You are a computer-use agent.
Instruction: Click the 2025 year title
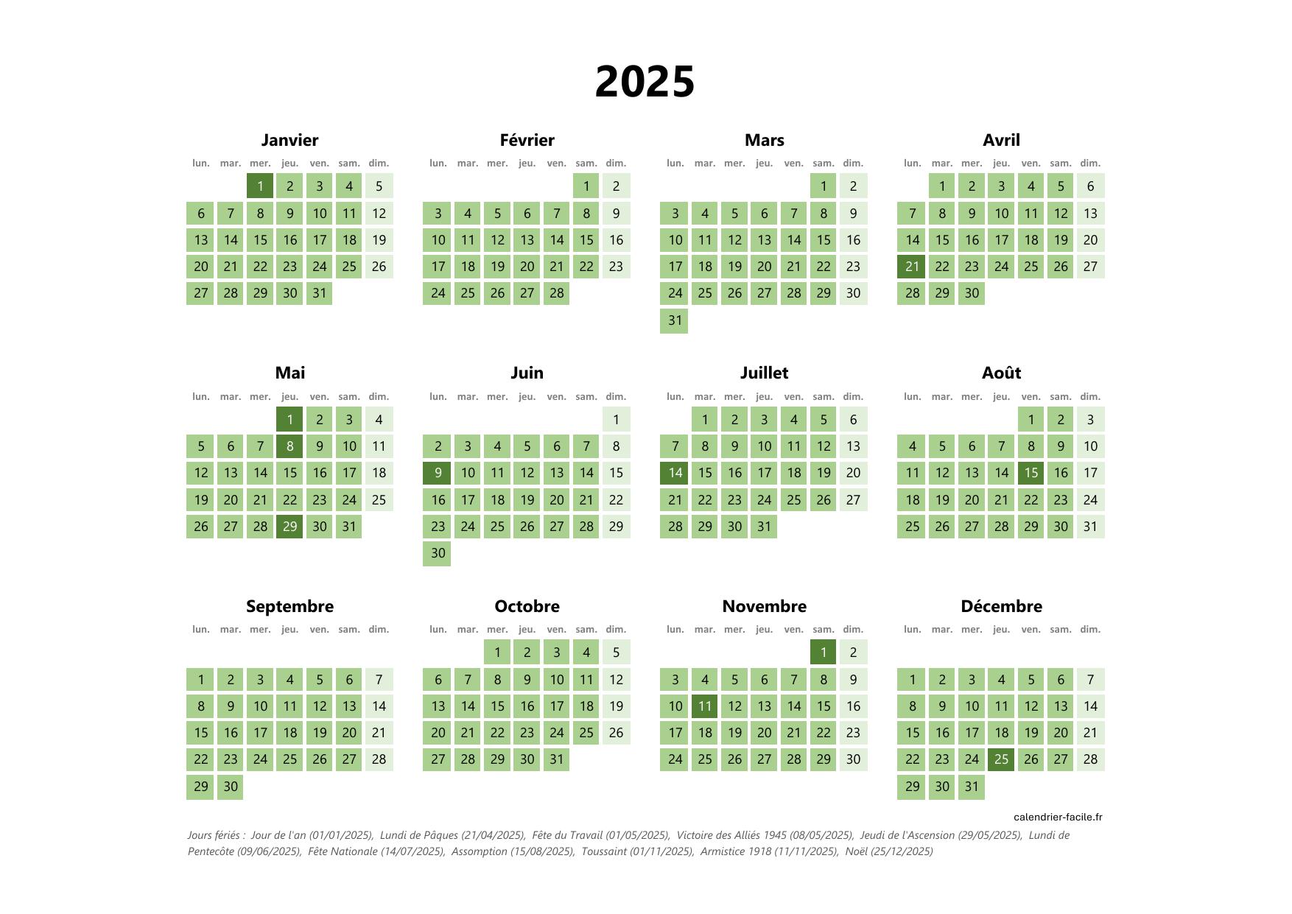tap(645, 81)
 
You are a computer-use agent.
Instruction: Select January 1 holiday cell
tap(260, 186)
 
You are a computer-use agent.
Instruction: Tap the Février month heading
tap(527, 140)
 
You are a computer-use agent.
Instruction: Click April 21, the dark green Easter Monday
tap(912, 267)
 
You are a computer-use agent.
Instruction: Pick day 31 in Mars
tap(675, 320)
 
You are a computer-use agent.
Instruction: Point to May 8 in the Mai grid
tap(289, 446)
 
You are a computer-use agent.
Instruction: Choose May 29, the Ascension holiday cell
tap(289, 527)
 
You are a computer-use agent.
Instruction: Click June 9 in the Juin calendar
tap(438, 473)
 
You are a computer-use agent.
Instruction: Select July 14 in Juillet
tap(675, 473)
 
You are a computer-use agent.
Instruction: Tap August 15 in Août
tap(1031, 473)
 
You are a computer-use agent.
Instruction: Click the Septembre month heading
tap(289, 606)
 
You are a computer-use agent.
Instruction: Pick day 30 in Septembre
tap(231, 787)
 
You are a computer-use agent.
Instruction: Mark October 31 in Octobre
tap(556, 759)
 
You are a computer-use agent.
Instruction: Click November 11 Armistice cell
tap(705, 706)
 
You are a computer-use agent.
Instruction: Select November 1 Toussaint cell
tap(823, 652)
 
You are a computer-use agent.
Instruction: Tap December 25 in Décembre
tap(1001, 759)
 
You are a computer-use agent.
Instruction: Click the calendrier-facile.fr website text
tap(1058, 817)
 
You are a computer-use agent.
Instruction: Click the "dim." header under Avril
tap(1090, 163)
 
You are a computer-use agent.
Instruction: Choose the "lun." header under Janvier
tap(201, 163)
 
